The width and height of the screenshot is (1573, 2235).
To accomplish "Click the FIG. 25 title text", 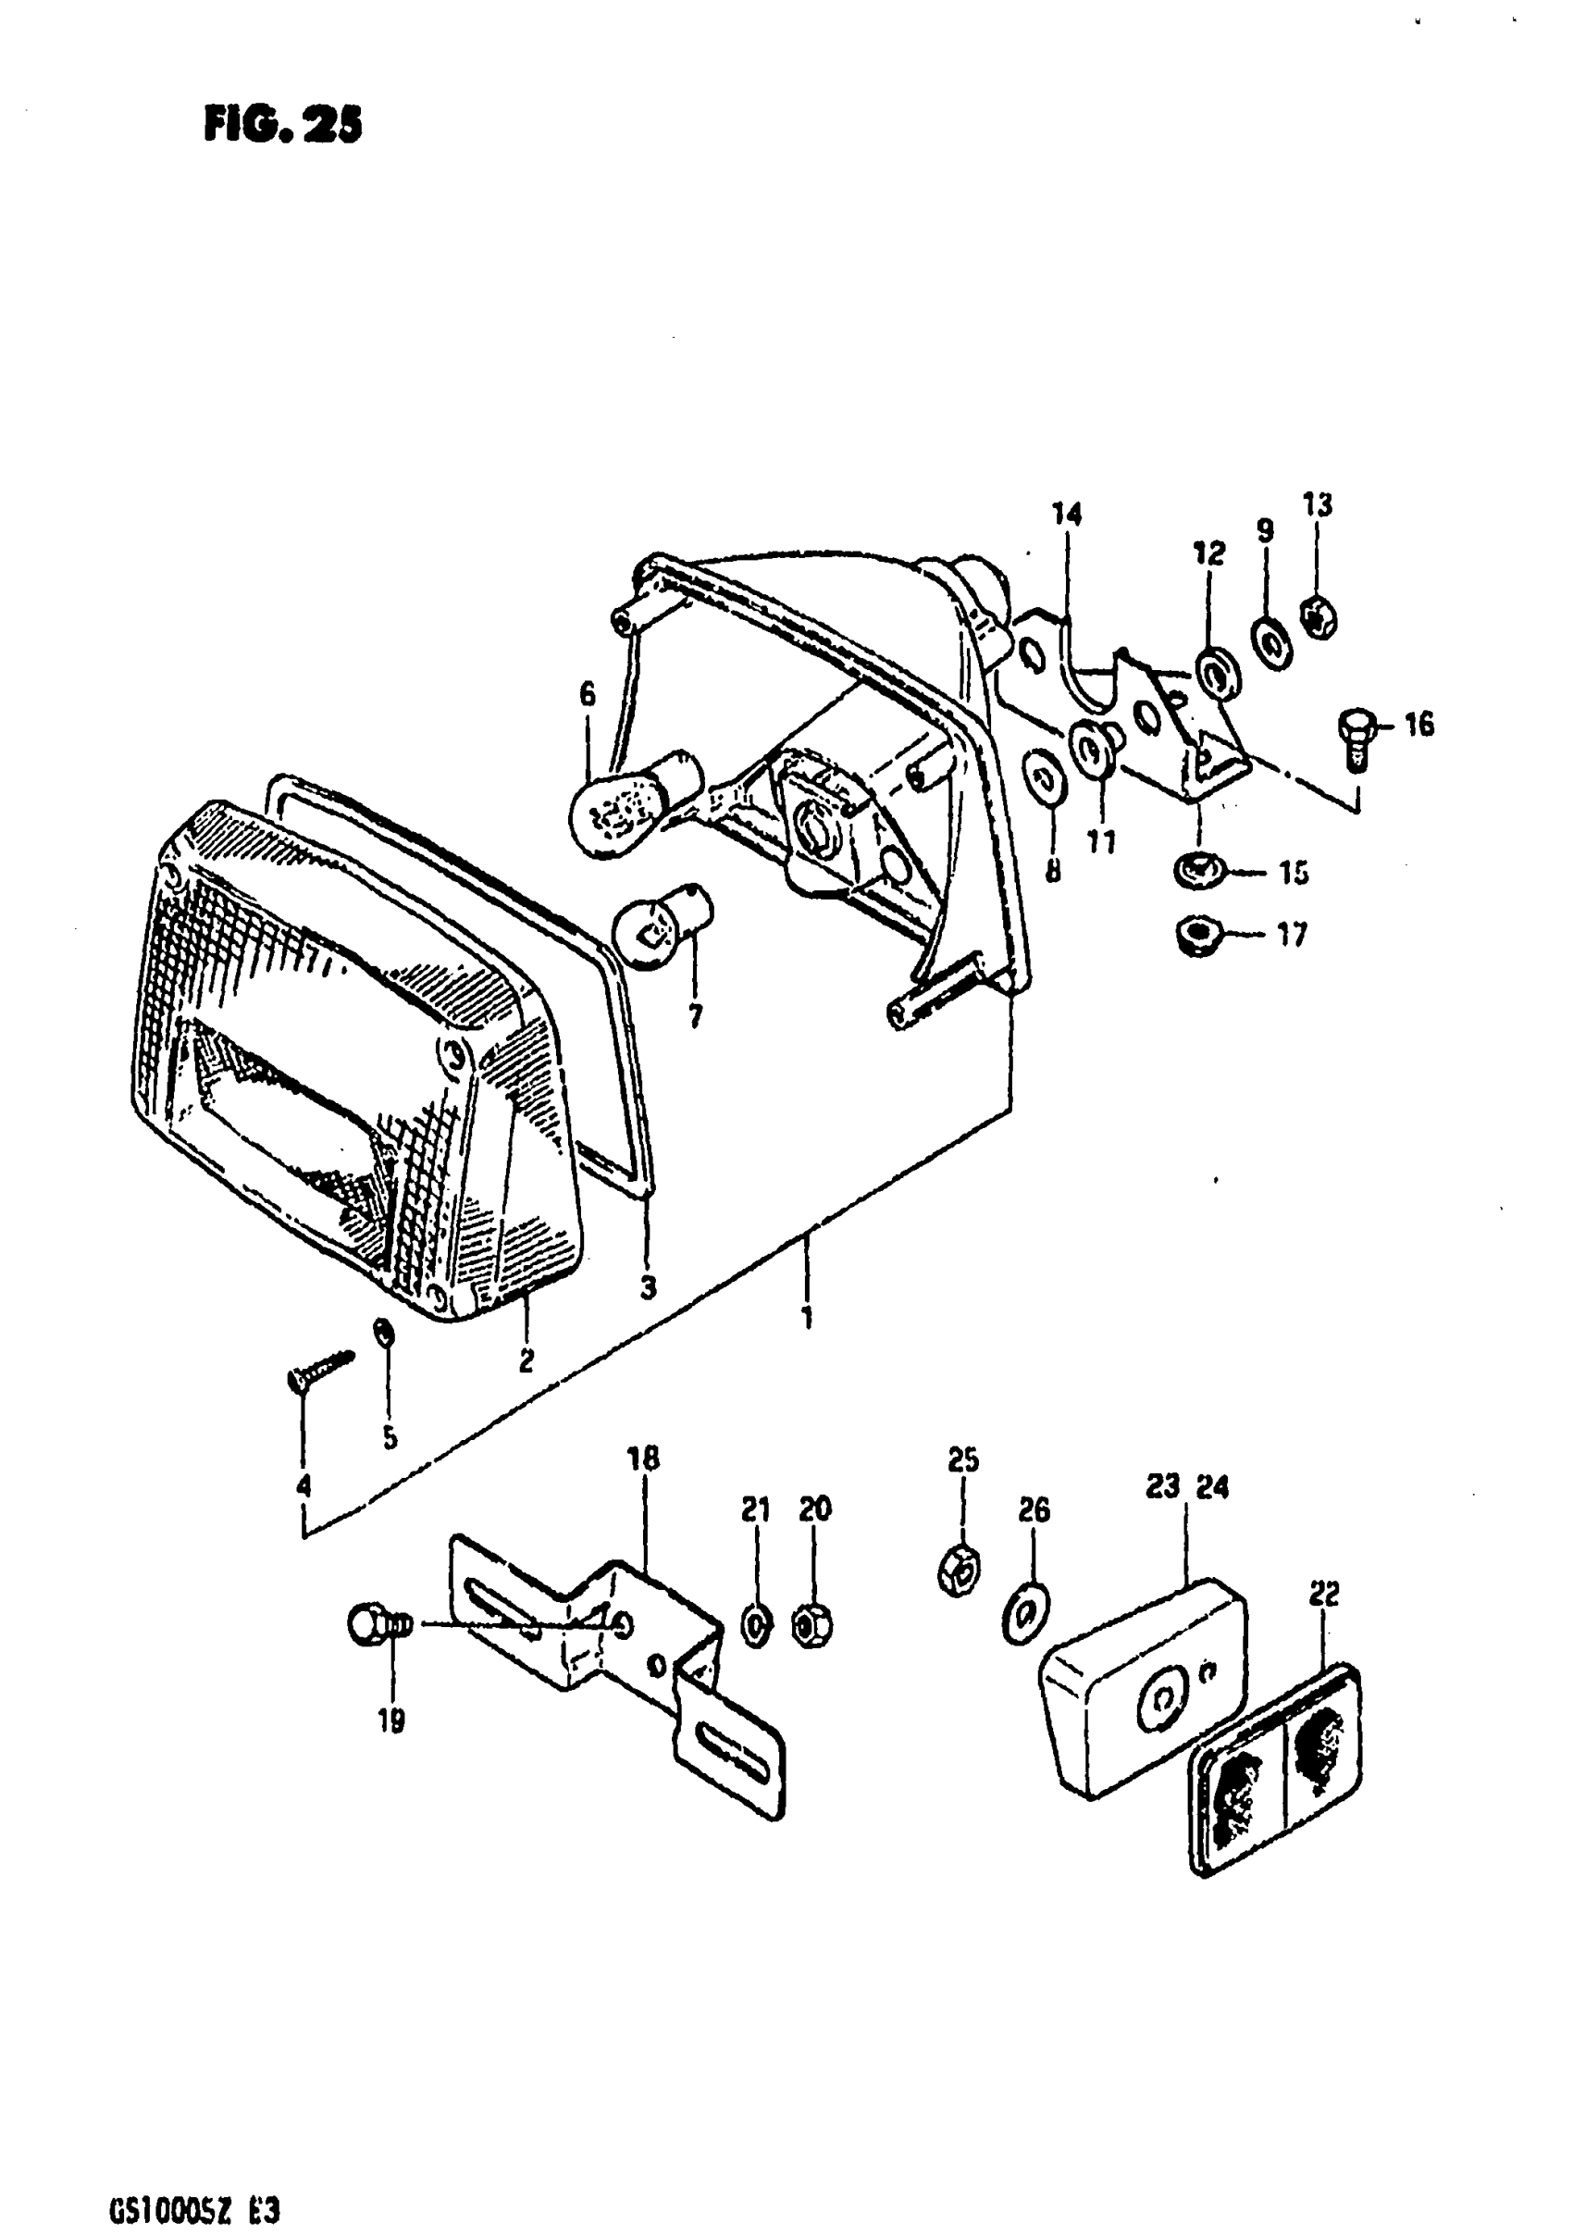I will (x=282, y=125).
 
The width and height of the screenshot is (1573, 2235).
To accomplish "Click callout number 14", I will (x=1067, y=514).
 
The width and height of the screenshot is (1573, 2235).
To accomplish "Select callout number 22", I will (x=1324, y=1594).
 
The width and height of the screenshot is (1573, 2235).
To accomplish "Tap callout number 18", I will (x=643, y=1485).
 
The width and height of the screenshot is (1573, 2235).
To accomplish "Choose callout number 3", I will (x=649, y=1288).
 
